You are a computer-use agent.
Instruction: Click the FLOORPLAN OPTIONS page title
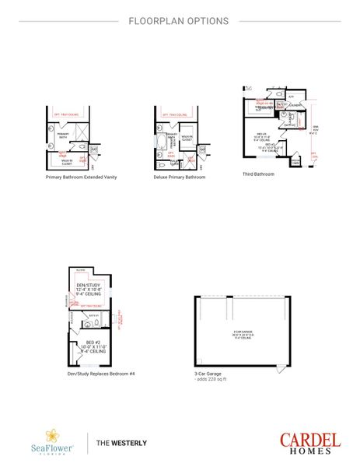[179, 21]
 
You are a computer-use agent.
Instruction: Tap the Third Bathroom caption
[258, 174]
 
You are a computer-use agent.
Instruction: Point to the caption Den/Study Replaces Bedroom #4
[101, 374]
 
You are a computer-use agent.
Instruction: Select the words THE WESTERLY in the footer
[121, 443]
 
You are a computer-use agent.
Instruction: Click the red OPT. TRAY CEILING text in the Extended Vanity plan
[67, 114]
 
